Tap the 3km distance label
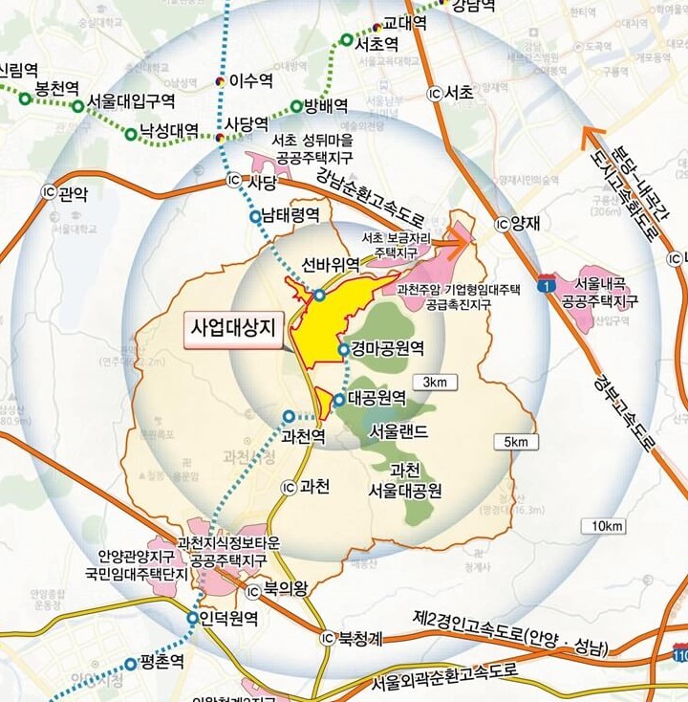tap(435, 383)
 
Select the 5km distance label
tap(515, 442)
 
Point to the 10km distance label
tap(608, 527)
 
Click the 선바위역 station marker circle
tap(319, 295)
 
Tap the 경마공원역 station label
tap(387, 348)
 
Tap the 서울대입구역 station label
tap(131, 100)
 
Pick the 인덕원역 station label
tap(229, 619)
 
